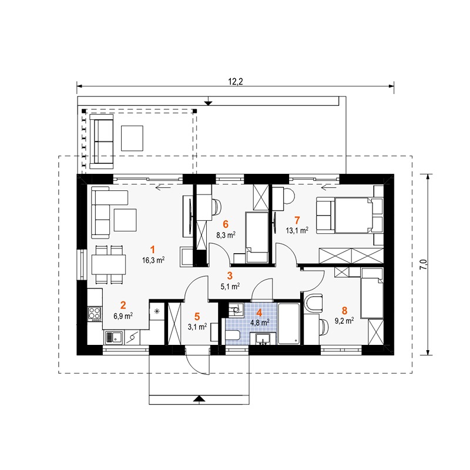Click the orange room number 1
(153, 249)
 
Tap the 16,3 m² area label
(153, 260)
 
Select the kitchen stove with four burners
(94, 314)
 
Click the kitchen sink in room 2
(113, 338)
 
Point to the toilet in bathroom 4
(233, 335)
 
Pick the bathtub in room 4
(288, 324)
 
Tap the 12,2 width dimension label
(236, 82)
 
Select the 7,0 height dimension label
(423, 265)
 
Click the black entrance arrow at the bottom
(199, 398)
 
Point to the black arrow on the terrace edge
(208, 103)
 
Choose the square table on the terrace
(132, 138)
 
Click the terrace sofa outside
(102, 141)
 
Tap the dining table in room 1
(109, 264)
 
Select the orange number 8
(344, 310)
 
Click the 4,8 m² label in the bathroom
(260, 323)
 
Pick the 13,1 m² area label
(297, 230)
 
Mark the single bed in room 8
(372, 293)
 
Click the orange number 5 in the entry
(197, 316)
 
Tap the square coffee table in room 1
(125, 220)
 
